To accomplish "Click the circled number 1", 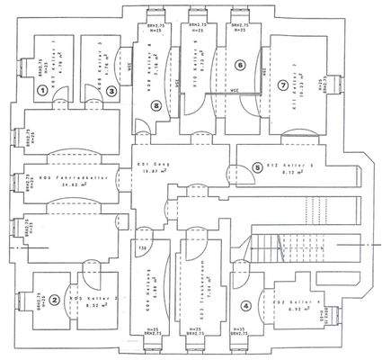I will (x=42, y=90).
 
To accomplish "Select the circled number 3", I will (x=111, y=90).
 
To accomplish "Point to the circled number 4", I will (x=246, y=304).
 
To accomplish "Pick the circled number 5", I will (x=231, y=166).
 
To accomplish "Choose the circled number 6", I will (x=239, y=65).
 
